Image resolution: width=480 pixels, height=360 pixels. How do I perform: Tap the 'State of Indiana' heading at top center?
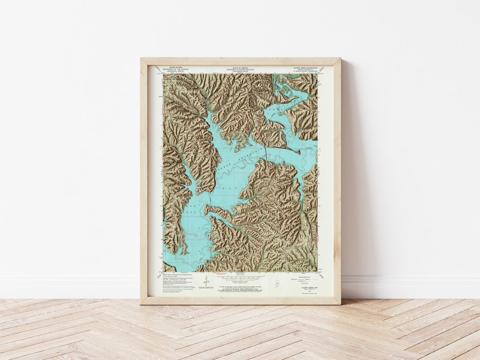point(240,68)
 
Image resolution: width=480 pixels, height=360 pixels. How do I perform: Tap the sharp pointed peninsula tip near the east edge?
point(299,153)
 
